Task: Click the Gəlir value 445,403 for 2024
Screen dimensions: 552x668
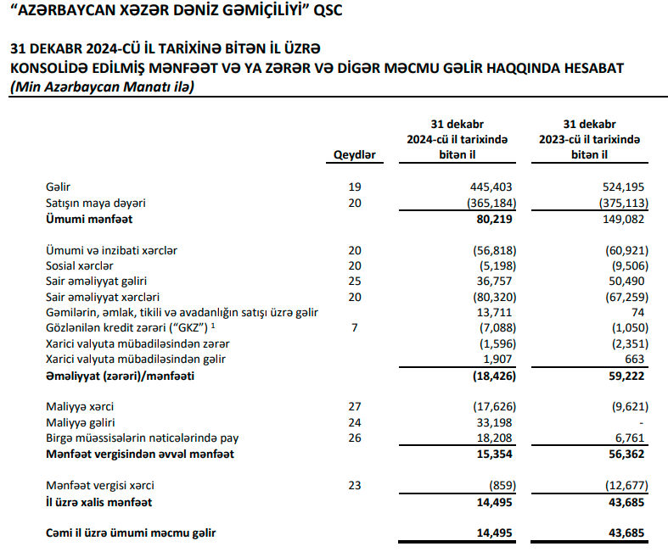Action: tap(494, 186)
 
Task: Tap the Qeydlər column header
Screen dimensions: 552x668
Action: tap(355, 155)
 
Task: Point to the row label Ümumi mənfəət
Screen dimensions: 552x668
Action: tap(81, 219)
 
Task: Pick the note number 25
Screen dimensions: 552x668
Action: tap(355, 281)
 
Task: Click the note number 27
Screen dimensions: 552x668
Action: tap(355, 407)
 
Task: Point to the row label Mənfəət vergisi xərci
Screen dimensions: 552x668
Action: tap(102, 486)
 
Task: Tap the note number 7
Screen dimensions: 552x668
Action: tap(355, 328)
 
